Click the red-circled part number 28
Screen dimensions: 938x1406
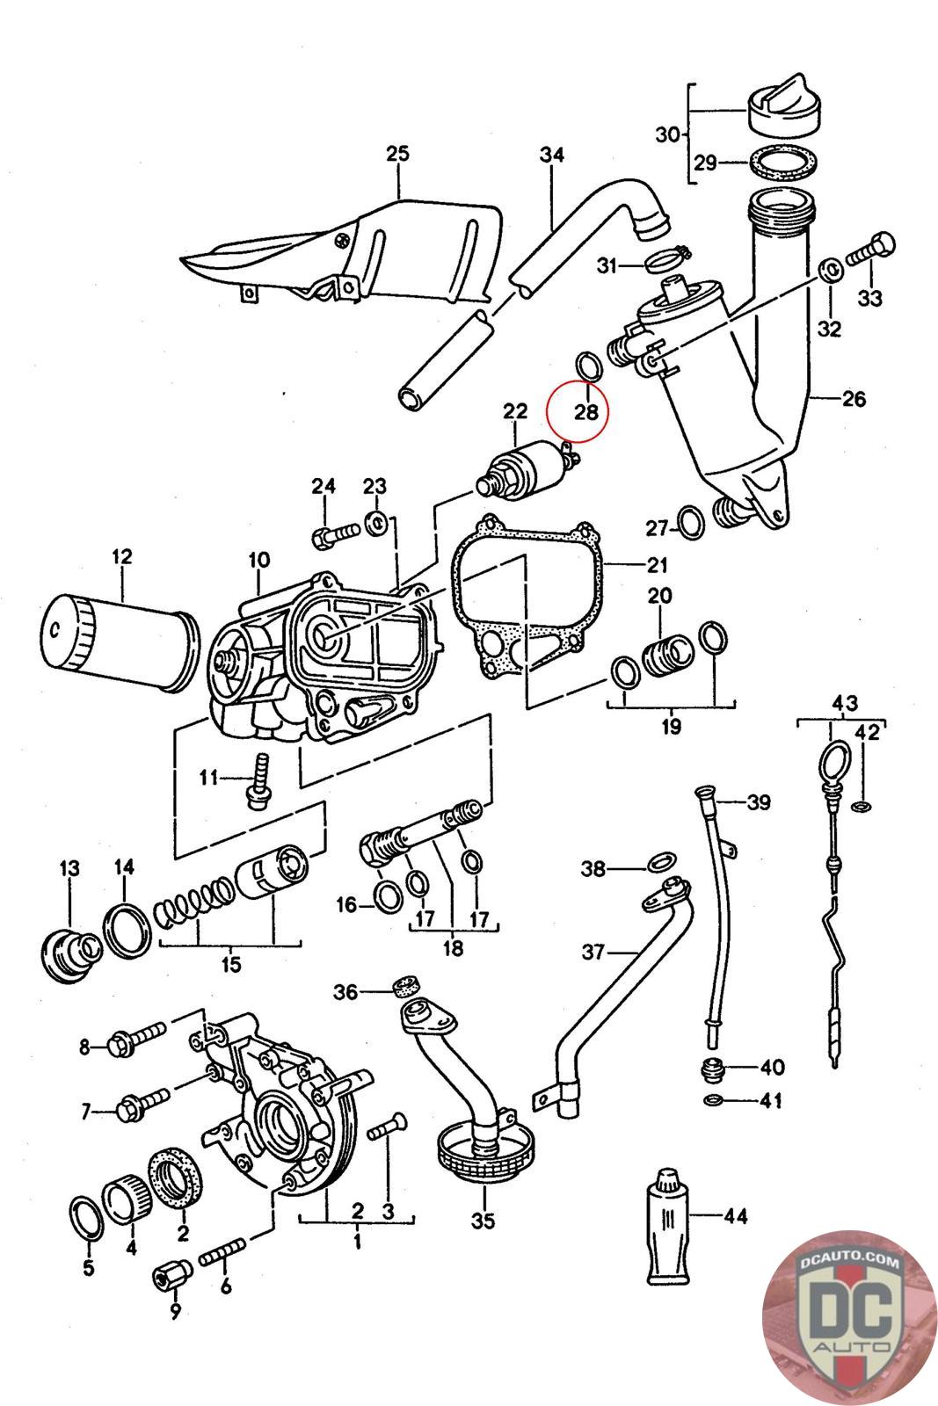[x=586, y=412]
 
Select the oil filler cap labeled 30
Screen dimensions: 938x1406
[x=784, y=106]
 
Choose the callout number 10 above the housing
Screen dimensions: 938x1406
[x=258, y=559]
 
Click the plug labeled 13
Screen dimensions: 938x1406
[x=70, y=953]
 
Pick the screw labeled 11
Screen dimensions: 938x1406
[x=258, y=782]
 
